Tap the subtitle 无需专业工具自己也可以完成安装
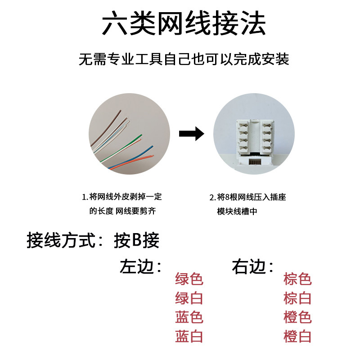click(x=184, y=59)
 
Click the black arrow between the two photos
click(x=191, y=134)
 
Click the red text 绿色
click(x=189, y=279)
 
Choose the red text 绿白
click(x=189, y=298)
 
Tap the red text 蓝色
click(x=189, y=317)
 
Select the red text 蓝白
click(x=189, y=336)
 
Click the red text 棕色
click(x=297, y=279)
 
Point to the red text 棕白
click(x=297, y=298)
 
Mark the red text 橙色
click(x=297, y=317)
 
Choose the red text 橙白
click(x=297, y=336)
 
